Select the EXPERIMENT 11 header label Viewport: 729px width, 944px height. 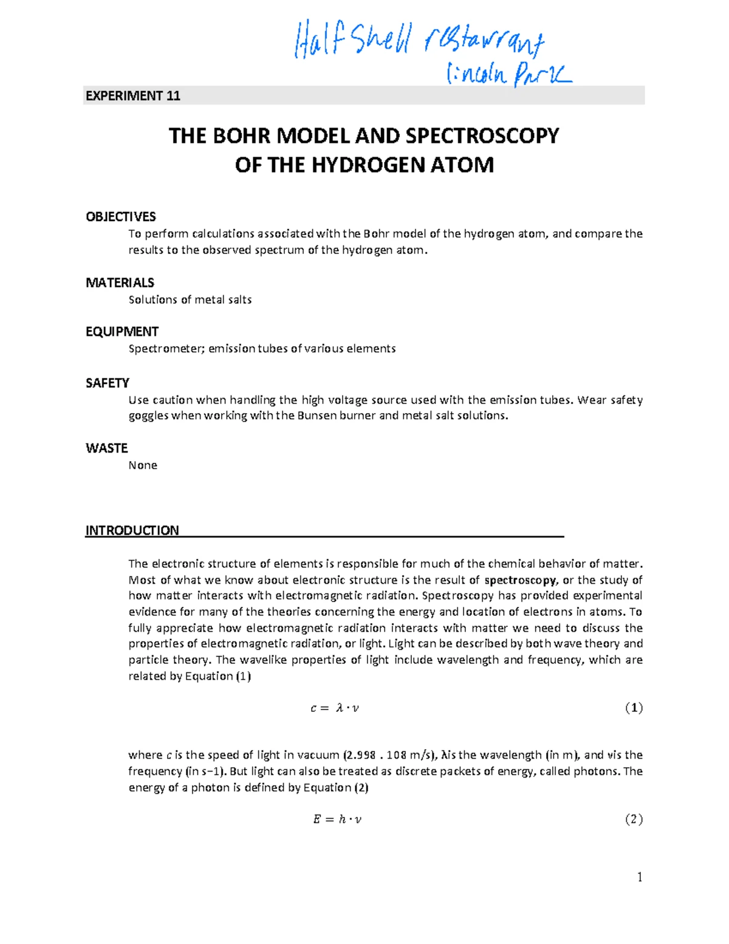click(132, 96)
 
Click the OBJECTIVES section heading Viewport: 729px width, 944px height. click(120, 217)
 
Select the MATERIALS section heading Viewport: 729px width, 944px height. click(120, 282)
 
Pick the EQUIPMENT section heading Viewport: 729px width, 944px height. click(122, 332)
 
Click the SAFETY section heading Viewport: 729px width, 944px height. click(107, 383)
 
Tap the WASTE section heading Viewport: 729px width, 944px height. click(106, 448)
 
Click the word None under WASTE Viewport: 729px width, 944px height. click(143, 465)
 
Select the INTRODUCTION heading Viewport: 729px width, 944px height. click(132, 530)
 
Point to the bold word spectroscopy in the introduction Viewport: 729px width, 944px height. click(519, 580)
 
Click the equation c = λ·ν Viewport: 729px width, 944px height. click(335, 708)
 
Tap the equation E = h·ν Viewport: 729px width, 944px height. click(337, 819)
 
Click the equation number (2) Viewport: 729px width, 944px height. click(634, 819)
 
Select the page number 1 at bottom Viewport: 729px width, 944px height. click(639, 877)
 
